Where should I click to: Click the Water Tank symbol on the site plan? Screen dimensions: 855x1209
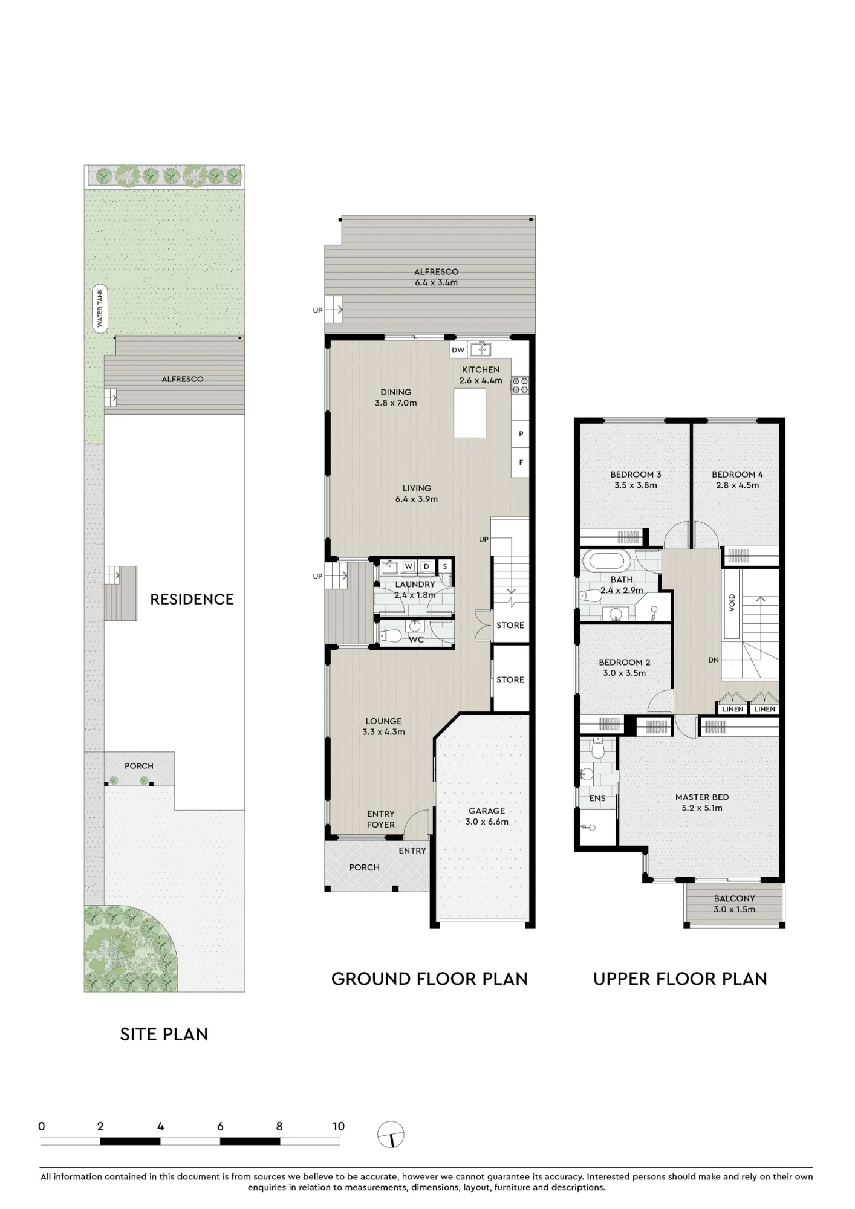pos(100,308)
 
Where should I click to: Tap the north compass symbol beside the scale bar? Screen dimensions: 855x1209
pos(391,1134)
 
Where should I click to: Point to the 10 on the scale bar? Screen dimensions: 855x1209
pos(338,1126)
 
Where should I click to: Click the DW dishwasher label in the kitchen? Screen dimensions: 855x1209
pos(458,350)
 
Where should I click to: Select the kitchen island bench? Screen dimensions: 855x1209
pos(470,413)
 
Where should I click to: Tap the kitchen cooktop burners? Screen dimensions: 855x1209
pos(520,385)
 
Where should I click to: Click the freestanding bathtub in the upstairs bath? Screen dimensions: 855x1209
pos(605,561)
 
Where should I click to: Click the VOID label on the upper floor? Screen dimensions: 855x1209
pos(732,602)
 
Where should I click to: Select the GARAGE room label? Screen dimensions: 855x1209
pos(487,811)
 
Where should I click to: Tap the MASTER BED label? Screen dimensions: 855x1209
pos(702,797)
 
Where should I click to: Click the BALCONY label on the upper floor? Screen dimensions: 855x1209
pos(734,898)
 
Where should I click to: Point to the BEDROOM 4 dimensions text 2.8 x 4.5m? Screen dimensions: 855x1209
pos(737,485)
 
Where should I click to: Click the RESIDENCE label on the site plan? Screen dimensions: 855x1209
pos(192,599)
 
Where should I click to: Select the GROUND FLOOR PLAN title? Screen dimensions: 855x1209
pos(429,979)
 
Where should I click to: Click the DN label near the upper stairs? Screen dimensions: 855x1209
pos(714,660)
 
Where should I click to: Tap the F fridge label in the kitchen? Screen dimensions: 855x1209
pos(521,462)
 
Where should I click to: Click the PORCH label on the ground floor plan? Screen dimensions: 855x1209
pos(365,867)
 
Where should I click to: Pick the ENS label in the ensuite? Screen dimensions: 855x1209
pos(597,798)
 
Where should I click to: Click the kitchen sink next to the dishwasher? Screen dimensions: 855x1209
pos(481,349)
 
